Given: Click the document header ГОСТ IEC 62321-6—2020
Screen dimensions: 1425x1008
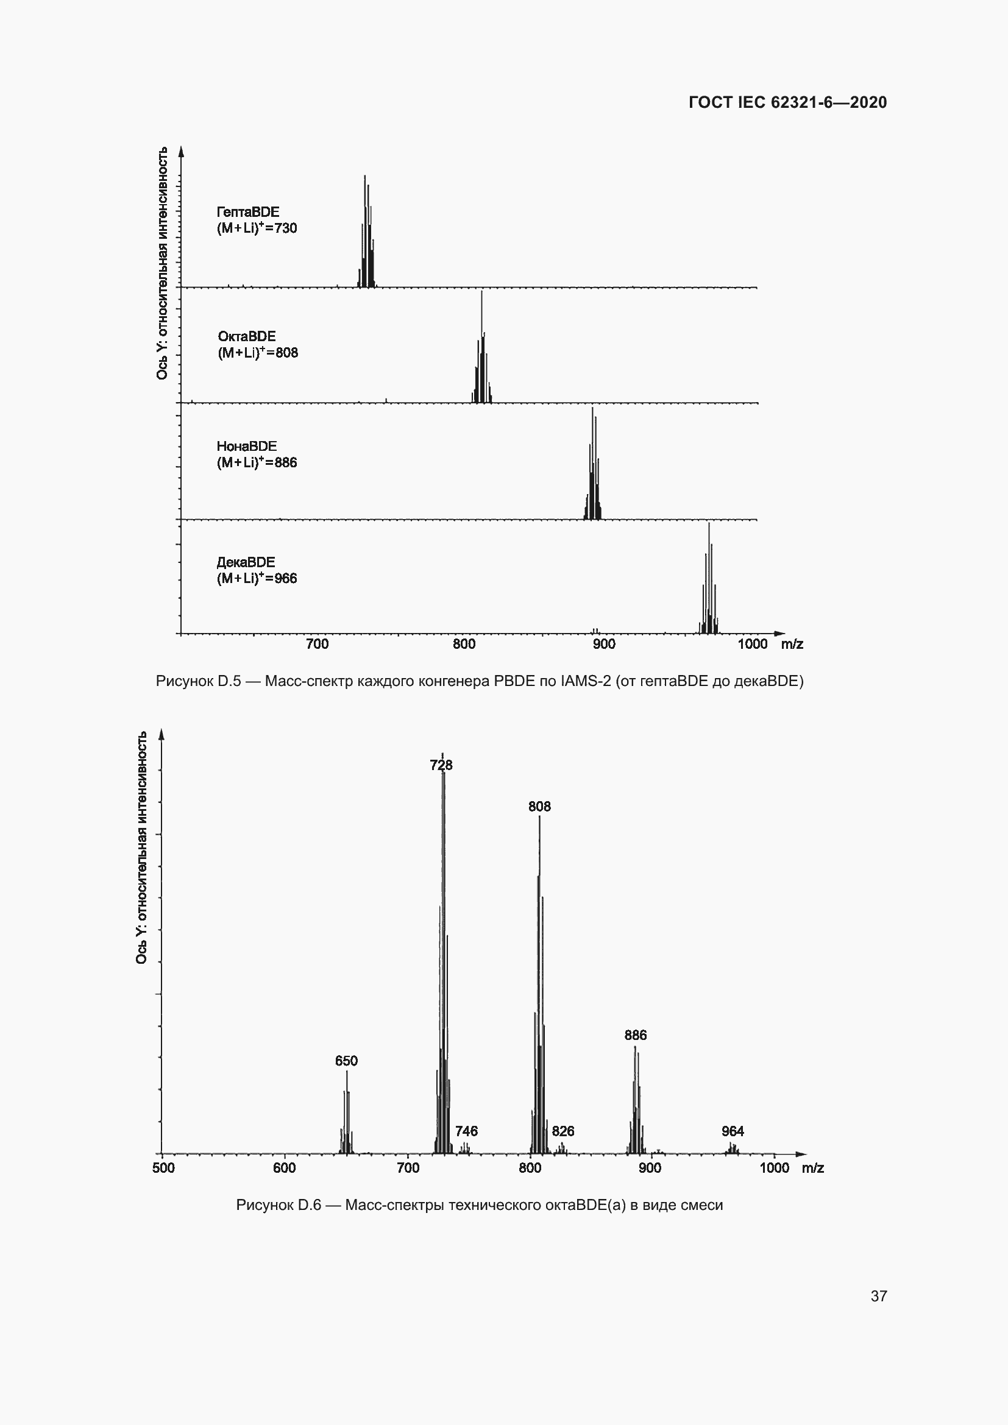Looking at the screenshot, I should (787, 102).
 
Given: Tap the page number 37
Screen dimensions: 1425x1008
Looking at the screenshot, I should (878, 1296).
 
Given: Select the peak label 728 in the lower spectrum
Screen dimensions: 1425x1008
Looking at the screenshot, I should (441, 765).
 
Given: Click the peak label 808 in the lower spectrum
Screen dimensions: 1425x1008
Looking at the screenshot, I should (539, 806).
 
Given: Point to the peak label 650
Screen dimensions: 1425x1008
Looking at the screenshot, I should (346, 1061).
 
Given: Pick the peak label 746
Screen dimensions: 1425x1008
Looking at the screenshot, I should (466, 1131).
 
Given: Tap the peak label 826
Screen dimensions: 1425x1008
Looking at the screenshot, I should (563, 1131).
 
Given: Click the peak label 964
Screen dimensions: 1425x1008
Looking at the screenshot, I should (733, 1131).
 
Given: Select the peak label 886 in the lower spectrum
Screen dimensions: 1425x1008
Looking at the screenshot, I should (636, 1035).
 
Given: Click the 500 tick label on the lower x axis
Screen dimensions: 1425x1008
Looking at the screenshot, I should (163, 1168).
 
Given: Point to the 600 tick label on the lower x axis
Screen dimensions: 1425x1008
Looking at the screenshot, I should (284, 1168).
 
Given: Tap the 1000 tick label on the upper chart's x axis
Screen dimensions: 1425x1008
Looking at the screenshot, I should (752, 644).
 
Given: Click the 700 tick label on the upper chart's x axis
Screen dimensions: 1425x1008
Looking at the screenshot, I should (317, 644).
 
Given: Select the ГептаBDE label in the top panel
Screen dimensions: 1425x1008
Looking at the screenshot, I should (247, 212).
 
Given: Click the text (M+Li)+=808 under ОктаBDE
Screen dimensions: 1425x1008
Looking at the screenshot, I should (258, 353).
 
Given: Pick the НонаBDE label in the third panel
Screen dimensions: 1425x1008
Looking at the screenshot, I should (246, 446).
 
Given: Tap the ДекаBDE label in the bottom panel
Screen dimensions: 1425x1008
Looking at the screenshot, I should (246, 562).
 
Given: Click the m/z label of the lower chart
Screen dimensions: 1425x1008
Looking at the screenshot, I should (812, 1168).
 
